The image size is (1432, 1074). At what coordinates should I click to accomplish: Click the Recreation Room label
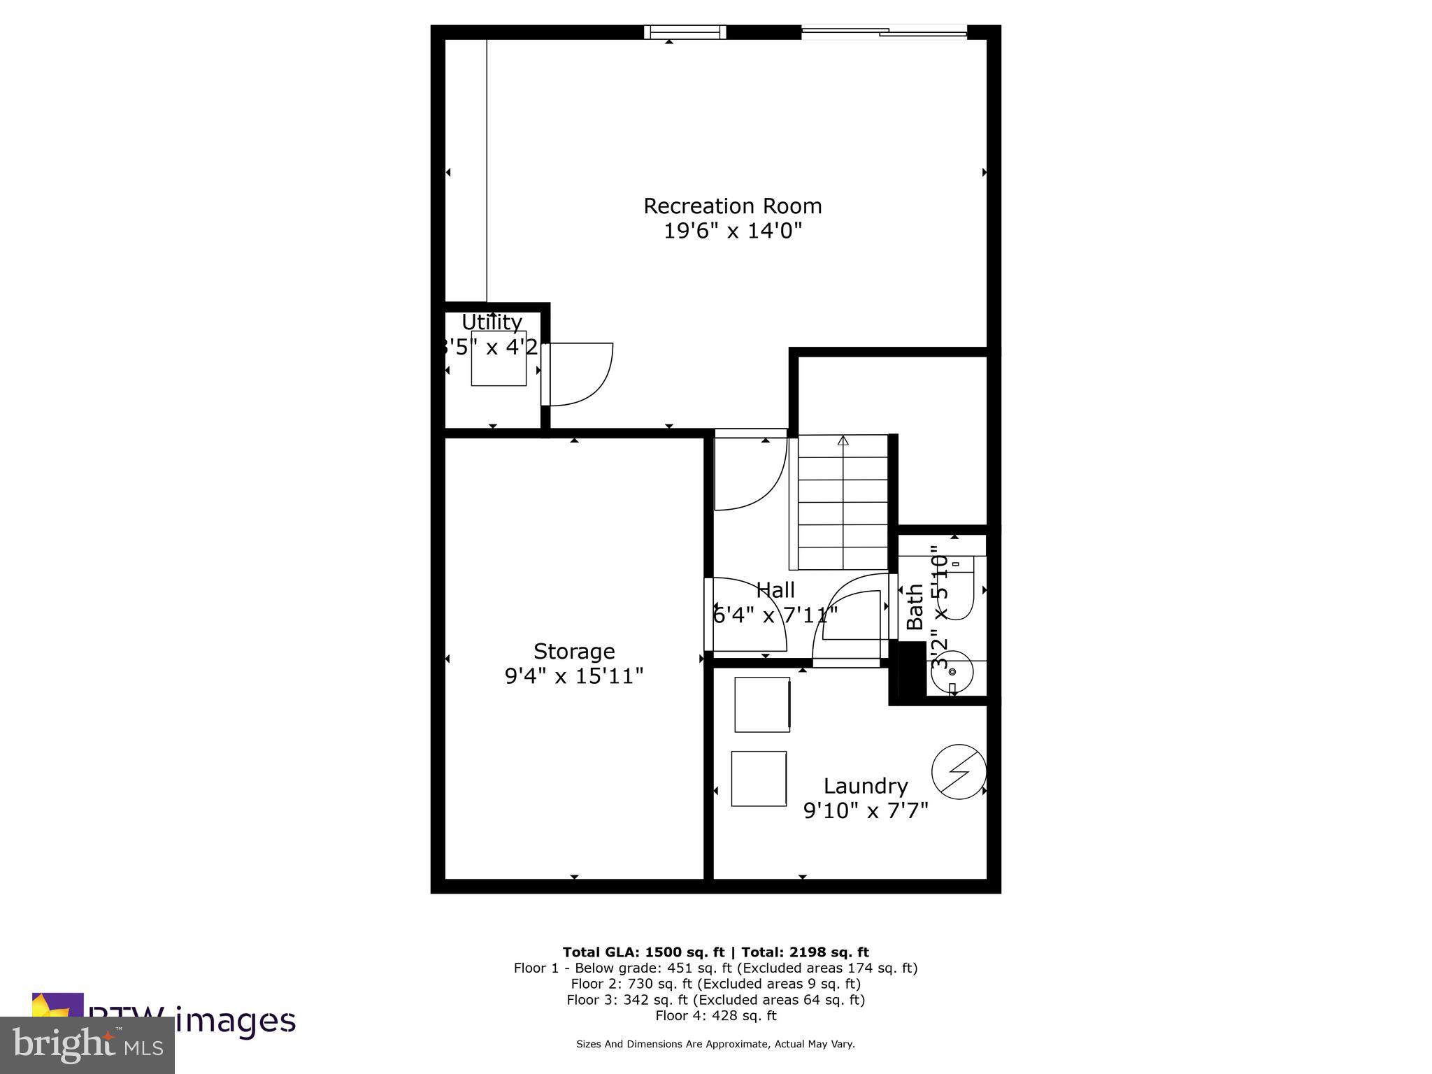tap(732, 206)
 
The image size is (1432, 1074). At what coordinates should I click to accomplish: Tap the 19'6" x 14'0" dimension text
tap(732, 231)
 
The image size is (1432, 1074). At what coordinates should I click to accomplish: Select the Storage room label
tap(574, 652)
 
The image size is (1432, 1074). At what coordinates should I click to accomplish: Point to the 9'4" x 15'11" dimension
tap(574, 676)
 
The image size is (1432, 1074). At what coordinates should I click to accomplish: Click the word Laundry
tap(866, 786)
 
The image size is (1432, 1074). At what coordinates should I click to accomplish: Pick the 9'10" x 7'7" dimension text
tap(866, 810)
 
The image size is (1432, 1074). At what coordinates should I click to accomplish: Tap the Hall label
tap(775, 590)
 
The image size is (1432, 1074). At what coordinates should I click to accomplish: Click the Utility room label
tap(492, 322)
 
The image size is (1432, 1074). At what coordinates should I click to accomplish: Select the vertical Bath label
tap(915, 607)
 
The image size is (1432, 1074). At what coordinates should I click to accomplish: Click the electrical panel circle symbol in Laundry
tap(959, 772)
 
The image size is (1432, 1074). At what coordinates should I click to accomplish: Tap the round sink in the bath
tap(952, 670)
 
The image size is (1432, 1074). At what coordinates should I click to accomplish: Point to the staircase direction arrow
tap(843, 441)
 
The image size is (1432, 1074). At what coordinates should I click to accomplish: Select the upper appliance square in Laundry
tap(762, 704)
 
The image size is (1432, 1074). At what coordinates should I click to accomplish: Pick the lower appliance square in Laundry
tap(759, 778)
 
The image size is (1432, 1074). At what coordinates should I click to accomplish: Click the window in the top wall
tap(685, 32)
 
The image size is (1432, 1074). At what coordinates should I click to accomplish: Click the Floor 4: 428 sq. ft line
tap(715, 1015)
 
